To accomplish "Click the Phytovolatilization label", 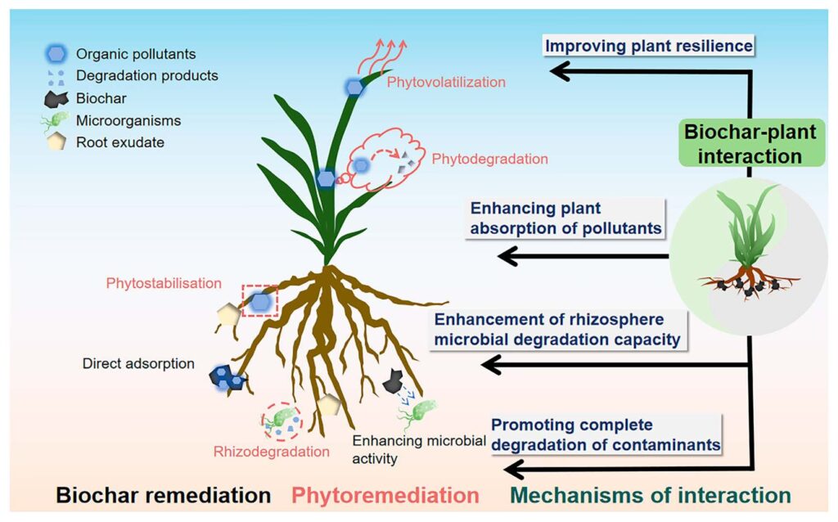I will click(x=446, y=82).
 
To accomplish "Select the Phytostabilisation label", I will click(x=164, y=284).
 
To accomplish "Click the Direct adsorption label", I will click(x=138, y=362).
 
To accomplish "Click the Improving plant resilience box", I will click(x=649, y=46).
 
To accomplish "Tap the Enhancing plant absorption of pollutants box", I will click(x=564, y=218).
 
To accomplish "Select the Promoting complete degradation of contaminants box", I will click(x=605, y=434).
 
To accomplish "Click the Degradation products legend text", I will click(x=147, y=76).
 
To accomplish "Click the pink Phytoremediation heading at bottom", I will click(x=385, y=495).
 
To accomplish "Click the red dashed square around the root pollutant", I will click(x=259, y=302).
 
